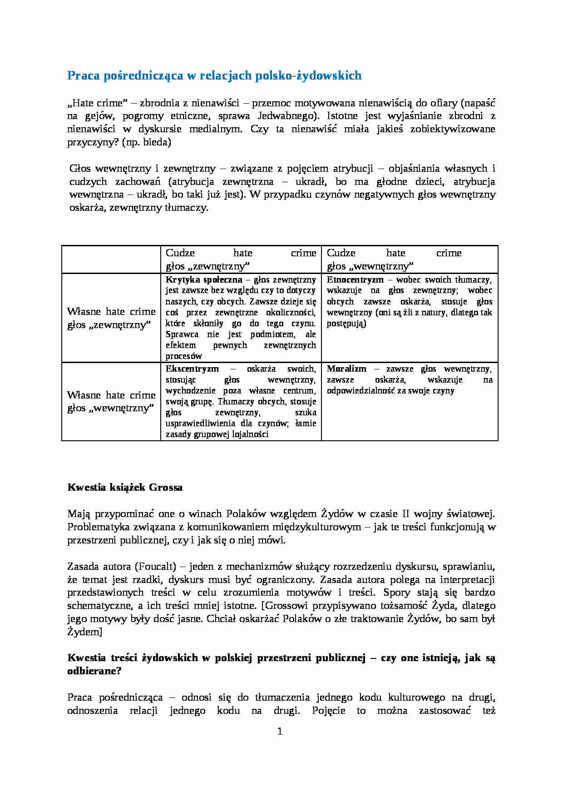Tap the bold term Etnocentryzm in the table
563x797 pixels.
pyautogui.click(x=355, y=280)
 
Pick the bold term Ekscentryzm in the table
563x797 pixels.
pyautogui.click(x=192, y=369)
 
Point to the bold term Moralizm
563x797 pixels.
pyautogui.click(x=346, y=369)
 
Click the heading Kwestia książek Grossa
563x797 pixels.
pyautogui.click(x=125, y=488)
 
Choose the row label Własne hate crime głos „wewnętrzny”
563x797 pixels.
pyautogui.click(x=111, y=402)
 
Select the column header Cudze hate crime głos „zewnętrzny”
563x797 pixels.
pyautogui.click(x=241, y=259)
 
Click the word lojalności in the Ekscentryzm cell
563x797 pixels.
pyautogui.click(x=248, y=434)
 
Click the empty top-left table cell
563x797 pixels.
pyautogui.click(x=111, y=259)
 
